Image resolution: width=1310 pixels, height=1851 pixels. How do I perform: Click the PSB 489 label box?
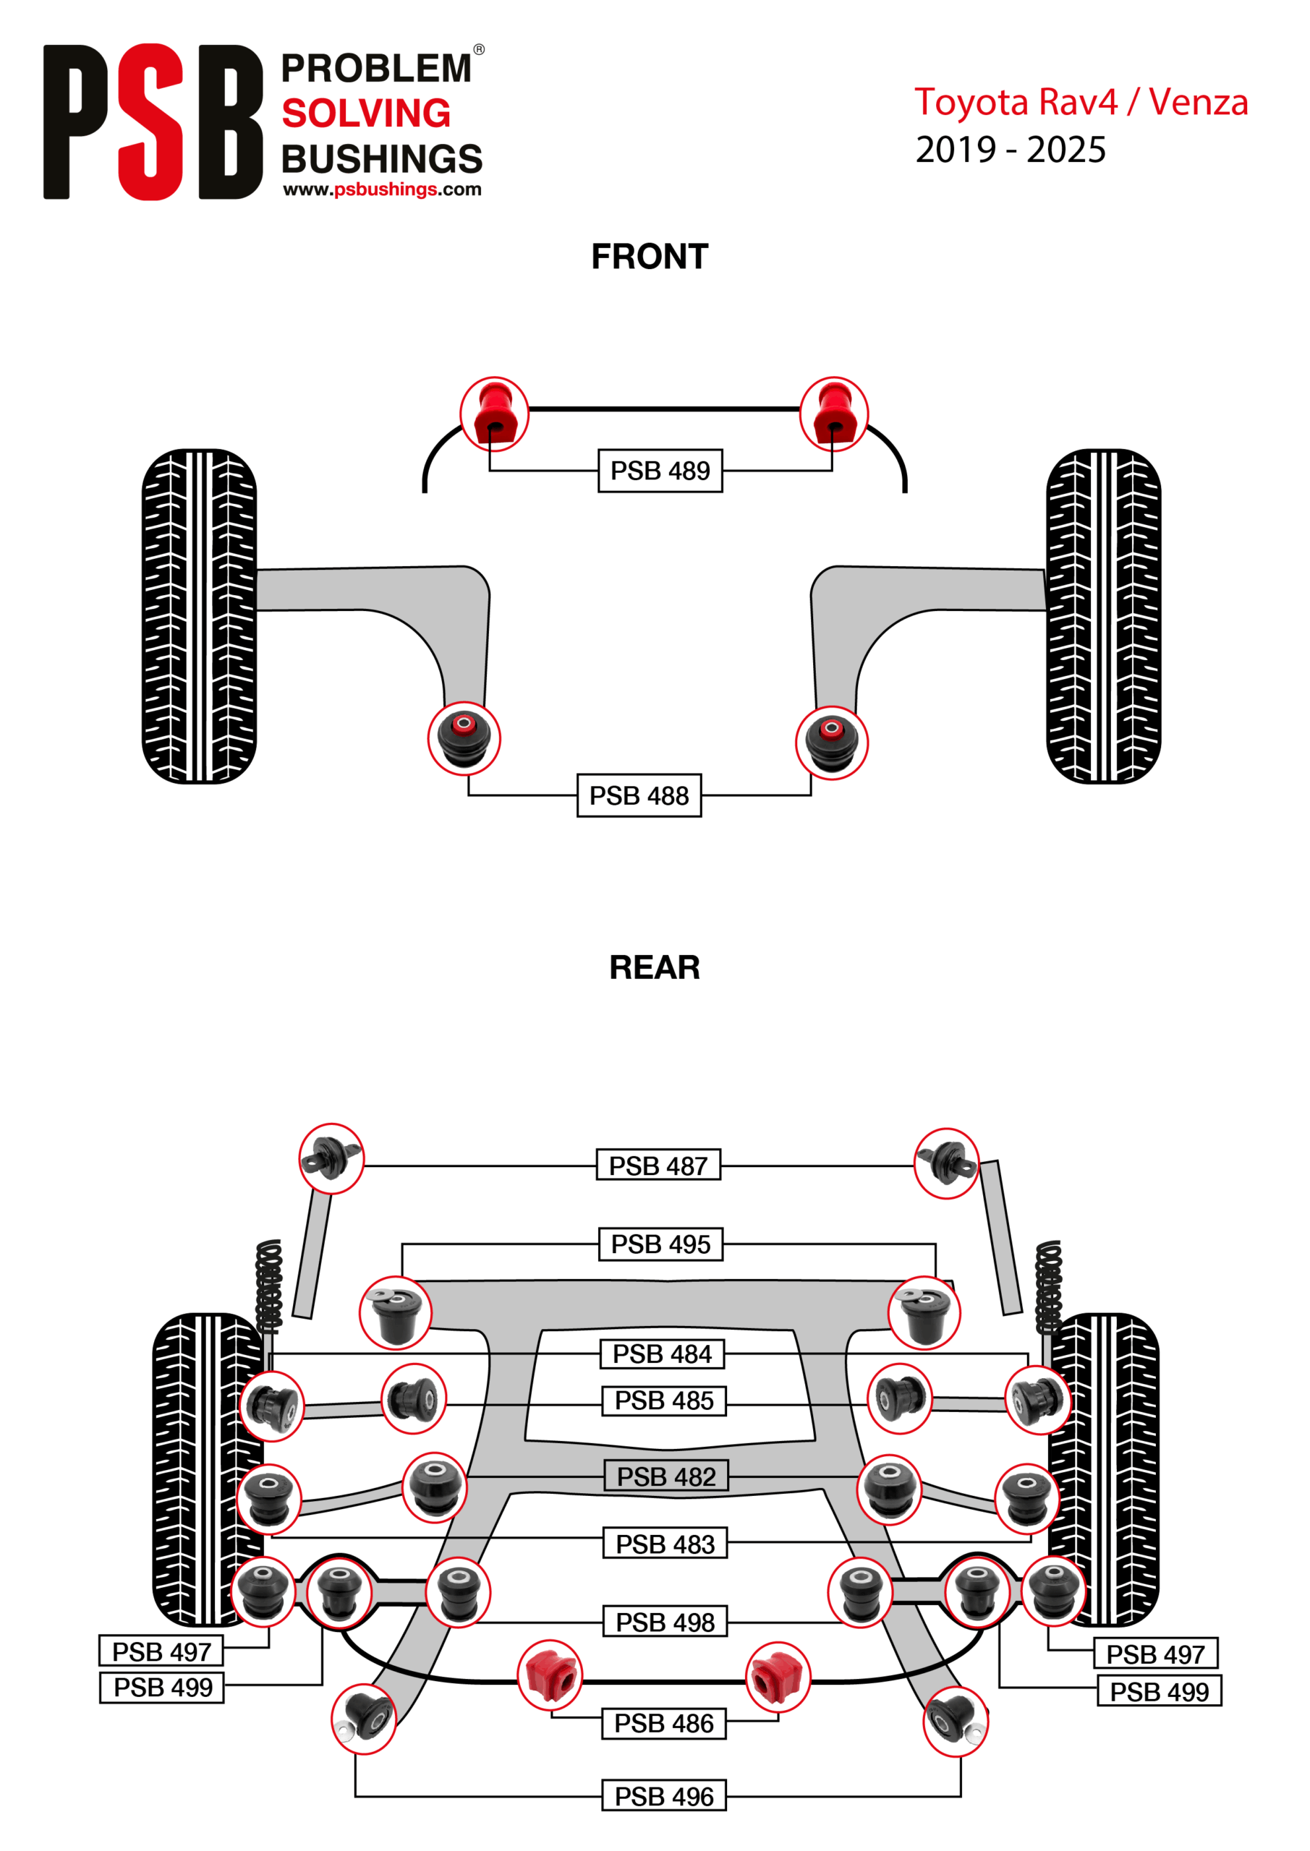tap(660, 471)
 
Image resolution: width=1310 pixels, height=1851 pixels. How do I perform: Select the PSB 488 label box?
tap(639, 795)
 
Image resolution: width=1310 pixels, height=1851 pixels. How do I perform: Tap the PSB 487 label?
tap(658, 1166)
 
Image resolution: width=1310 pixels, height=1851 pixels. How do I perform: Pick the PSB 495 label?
tap(660, 1244)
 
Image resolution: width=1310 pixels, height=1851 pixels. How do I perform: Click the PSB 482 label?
tap(666, 1476)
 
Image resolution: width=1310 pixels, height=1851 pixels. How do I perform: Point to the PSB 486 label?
tap(664, 1723)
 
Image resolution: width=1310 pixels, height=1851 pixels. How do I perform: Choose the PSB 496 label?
tap(664, 1796)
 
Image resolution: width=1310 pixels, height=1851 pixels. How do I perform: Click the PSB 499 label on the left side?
tap(162, 1688)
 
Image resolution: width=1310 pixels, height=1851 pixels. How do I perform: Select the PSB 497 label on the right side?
tap(1155, 1654)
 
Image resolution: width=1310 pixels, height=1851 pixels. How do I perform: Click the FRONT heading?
tap(650, 257)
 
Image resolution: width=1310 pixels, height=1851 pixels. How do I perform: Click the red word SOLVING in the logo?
tap(366, 114)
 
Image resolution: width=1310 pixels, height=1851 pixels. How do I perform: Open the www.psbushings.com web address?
tap(383, 189)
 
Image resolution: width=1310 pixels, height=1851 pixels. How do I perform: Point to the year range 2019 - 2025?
tap(1010, 150)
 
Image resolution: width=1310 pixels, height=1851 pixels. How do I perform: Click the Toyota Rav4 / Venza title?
tap(1081, 103)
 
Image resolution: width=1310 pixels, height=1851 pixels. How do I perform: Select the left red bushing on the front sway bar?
tap(495, 414)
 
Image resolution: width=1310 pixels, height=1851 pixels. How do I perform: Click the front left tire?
tap(199, 616)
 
